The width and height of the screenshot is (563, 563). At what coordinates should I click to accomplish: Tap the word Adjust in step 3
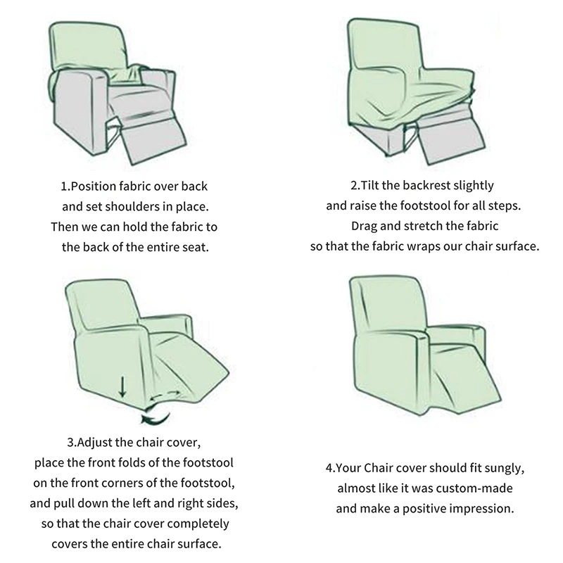[92, 443]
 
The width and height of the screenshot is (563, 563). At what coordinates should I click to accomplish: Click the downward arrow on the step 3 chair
[122, 387]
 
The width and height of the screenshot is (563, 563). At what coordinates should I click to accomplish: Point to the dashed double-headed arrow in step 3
[165, 395]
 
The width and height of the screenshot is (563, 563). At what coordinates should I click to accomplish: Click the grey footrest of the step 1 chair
[155, 141]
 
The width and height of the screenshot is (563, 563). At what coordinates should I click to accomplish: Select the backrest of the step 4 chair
[389, 307]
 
